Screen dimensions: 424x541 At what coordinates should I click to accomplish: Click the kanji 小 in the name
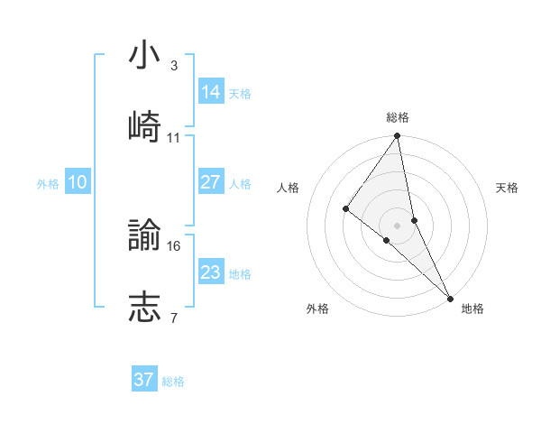click(144, 56)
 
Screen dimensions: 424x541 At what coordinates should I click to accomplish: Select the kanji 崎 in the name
click(144, 127)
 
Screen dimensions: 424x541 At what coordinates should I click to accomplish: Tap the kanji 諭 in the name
click(144, 235)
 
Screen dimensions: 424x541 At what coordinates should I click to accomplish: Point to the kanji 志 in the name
click(144, 307)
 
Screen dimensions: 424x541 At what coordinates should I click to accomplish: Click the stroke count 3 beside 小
click(173, 66)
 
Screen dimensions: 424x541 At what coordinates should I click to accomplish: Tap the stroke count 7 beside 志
click(173, 318)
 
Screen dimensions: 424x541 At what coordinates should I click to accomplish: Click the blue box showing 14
click(211, 92)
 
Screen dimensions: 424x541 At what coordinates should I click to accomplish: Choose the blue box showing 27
click(211, 182)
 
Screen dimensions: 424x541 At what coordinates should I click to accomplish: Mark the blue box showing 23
click(211, 272)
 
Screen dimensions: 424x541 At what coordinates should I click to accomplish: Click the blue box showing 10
click(77, 182)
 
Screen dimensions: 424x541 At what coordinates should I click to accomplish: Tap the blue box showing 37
click(144, 380)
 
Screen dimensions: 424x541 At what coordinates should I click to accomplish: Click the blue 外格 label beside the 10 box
click(48, 184)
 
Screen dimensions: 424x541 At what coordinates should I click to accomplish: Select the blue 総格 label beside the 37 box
click(173, 382)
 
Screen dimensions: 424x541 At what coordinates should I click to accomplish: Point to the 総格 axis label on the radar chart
click(398, 117)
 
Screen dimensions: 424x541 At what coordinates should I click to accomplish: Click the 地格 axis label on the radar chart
click(472, 309)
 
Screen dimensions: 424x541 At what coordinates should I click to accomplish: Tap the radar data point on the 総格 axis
click(398, 137)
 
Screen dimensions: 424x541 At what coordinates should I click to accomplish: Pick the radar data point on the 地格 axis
click(450, 297)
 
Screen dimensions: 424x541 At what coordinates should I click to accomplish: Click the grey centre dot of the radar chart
click(398, 225)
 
